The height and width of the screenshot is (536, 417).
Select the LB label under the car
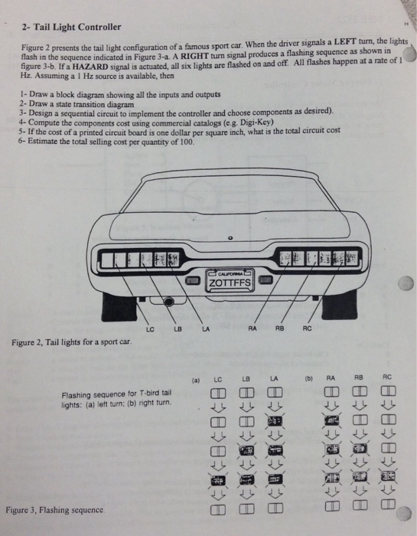point(177,329)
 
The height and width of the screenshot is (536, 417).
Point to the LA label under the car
point(206,329)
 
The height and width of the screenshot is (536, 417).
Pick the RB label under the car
point(281,329)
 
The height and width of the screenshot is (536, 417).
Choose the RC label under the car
point(308,329)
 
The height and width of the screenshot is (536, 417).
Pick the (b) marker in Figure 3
point(308,377)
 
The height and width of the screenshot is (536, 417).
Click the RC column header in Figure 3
point(386,377)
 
